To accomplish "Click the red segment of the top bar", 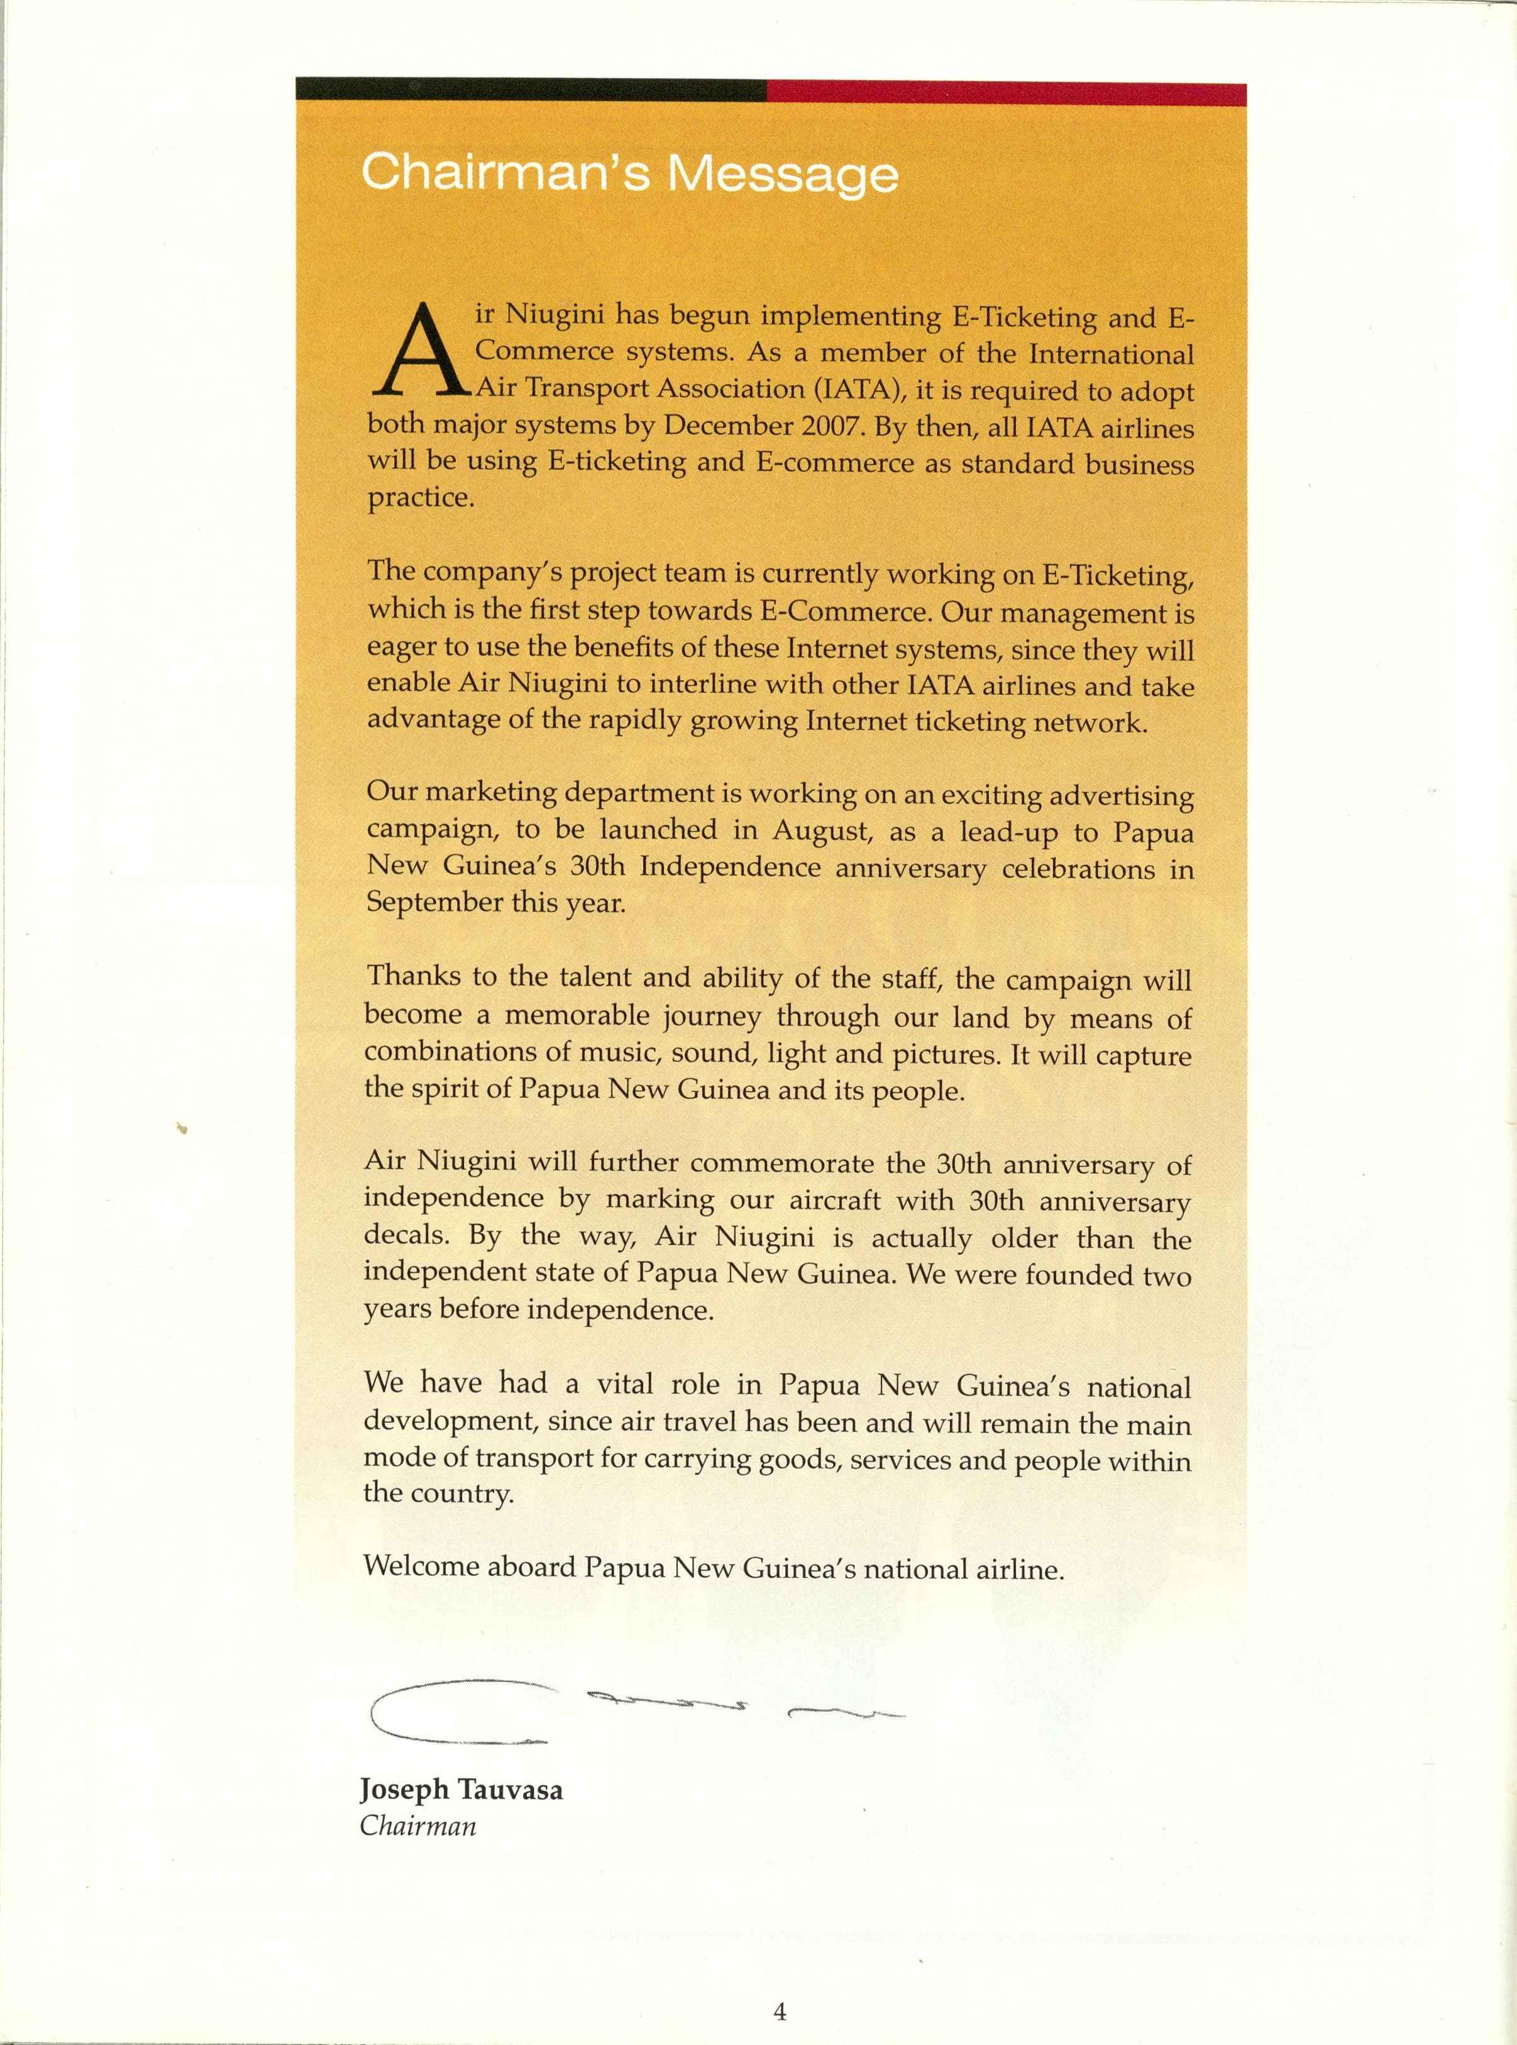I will click(1005, 93).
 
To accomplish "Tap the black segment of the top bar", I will click(531, 89).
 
